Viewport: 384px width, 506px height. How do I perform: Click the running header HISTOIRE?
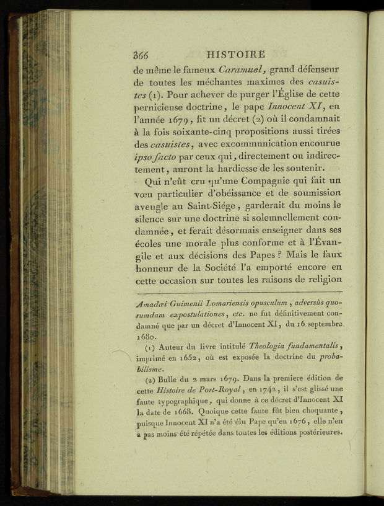(x=236, y=55)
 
